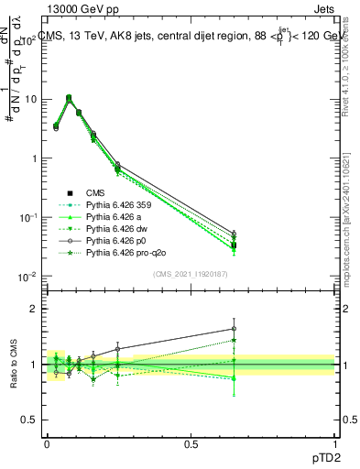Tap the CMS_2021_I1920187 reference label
coord(190,275)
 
